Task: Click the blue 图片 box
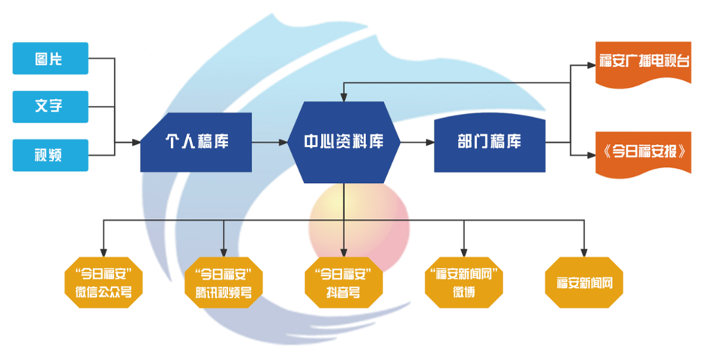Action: tap(50, 58)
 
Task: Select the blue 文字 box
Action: tap(50, 106)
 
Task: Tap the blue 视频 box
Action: tap(50, 154)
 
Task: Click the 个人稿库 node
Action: tap(196, 142)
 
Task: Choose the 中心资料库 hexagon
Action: tap(343, 142)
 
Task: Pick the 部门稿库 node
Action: tap(489, 142)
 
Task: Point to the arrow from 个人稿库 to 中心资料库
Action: tap(270, 142)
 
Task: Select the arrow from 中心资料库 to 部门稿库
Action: tap(416, 142)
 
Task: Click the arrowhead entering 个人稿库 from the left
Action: tap(136, 142)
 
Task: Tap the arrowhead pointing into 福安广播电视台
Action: tap(590, 64)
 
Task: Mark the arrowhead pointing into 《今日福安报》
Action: tap(590, 155)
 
